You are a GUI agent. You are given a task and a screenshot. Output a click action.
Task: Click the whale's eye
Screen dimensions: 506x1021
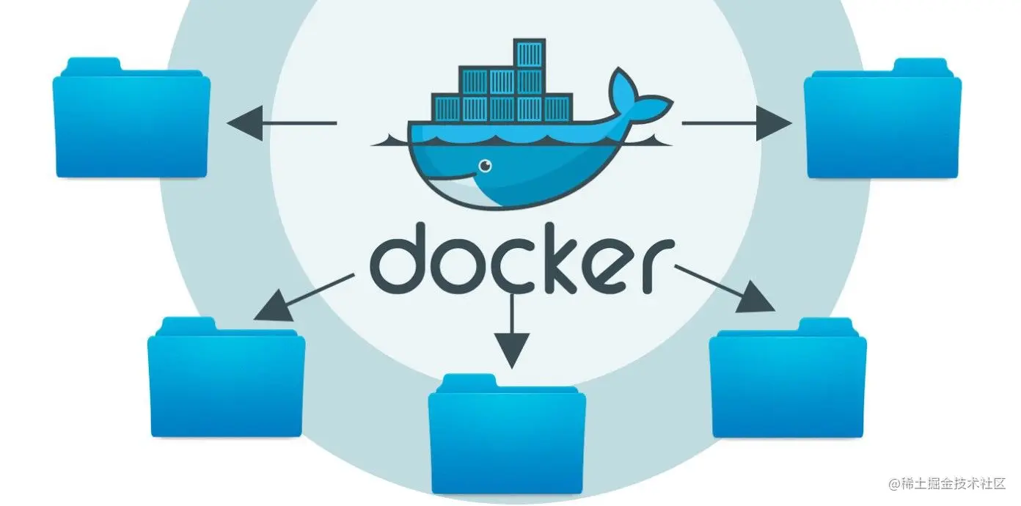485,166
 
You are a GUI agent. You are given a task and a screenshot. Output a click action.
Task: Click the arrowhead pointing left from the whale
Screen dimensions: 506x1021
245,122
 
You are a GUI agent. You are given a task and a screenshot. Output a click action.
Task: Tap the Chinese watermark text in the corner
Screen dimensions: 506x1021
950,485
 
